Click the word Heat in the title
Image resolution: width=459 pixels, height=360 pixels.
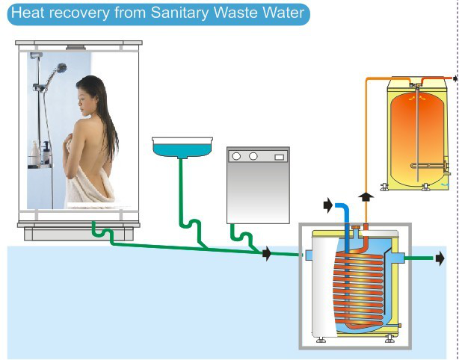28,13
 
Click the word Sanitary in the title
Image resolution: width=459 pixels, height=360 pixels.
179,13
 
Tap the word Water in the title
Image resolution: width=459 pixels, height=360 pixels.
283,13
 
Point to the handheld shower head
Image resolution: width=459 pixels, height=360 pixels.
61,68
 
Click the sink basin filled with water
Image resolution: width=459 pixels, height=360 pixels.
182,147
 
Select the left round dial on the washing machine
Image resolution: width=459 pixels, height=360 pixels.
236,156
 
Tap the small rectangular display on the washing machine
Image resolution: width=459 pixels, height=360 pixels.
280,158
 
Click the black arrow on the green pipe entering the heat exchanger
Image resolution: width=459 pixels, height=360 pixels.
267,253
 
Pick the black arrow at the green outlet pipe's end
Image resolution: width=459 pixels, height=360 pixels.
440,258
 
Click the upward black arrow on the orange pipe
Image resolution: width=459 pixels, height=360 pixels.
366,197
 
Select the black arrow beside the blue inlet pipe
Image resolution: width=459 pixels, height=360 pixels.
328,205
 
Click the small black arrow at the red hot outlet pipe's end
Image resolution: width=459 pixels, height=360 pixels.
455,78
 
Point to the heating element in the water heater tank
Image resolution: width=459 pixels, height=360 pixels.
429,166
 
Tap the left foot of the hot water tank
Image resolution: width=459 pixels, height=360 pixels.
384,187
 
